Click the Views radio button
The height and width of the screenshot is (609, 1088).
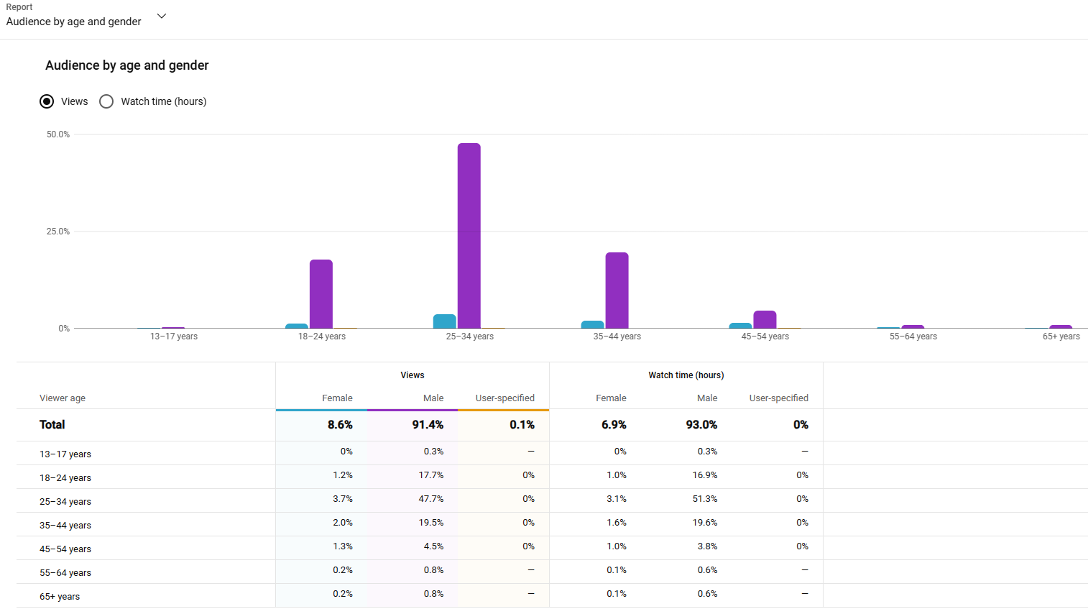tap(47, 101)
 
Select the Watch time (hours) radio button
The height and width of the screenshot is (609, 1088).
tap(106, 101)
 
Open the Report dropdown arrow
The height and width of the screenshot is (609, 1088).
tap(162, 16)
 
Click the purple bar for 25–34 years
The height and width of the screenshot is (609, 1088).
tap(469, 236)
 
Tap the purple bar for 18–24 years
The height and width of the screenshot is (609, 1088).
tap(321, 294)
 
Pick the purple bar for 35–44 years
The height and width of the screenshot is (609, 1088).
tap(617, 290)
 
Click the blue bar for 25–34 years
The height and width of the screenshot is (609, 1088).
tap(444, 321)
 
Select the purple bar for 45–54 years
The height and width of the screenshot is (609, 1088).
tap(765, 320)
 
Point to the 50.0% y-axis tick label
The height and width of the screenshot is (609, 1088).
tap(58, 134)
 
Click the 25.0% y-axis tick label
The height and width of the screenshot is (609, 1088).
tap(58, 232)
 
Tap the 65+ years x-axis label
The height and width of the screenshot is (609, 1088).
tap(1061, 336)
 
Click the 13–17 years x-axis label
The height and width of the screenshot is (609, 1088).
tap(174, 336)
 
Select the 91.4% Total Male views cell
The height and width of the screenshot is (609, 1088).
tap(428, 425)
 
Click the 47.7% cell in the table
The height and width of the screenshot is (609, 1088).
tap(431, 499)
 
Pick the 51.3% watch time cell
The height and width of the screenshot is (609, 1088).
tap(705, 499)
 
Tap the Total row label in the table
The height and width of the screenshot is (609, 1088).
tap(52, 425)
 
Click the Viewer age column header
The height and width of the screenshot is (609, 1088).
tap(63, 398)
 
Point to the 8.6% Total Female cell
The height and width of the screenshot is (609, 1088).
tap(340, 425)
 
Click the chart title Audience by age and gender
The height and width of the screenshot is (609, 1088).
tap(126, 65)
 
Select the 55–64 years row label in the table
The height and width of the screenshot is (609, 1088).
tap(65, 573)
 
